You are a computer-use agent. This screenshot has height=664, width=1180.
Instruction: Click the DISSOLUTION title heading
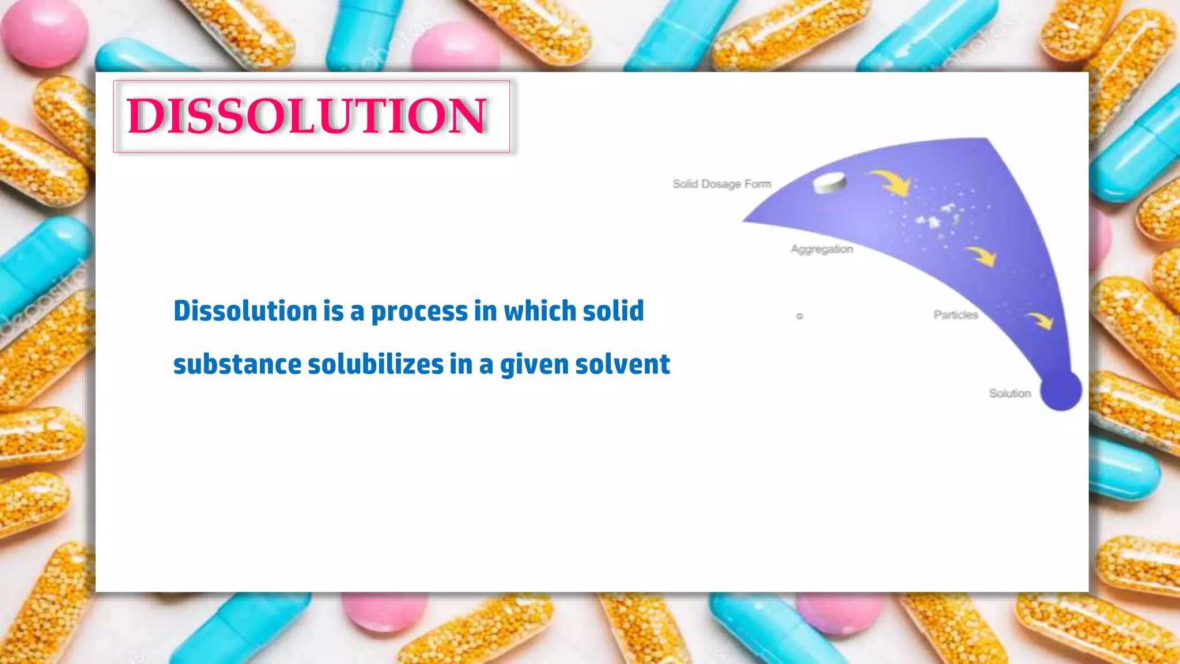click(308, 116)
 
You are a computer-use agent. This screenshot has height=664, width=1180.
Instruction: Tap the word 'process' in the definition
click(419, 311)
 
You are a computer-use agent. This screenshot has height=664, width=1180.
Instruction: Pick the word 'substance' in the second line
click(237, 364)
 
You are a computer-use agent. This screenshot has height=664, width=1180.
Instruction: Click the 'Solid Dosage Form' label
click(721, 184)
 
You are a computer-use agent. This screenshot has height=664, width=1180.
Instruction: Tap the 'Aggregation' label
click(822, 249)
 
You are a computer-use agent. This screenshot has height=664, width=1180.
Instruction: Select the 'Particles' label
click(955, 315)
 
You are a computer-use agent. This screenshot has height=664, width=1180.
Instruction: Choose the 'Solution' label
click(1009, 393)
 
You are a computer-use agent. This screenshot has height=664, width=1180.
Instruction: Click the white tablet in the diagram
click(830, 183)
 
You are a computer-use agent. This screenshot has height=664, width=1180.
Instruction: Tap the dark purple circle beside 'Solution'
click(1061, 390)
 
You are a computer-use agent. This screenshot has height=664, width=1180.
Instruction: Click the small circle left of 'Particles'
click(799, 316)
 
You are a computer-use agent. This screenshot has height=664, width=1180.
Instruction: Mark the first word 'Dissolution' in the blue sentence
click(245, 311)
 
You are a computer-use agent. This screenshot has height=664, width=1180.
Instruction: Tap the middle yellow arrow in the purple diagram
click(981, 255)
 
